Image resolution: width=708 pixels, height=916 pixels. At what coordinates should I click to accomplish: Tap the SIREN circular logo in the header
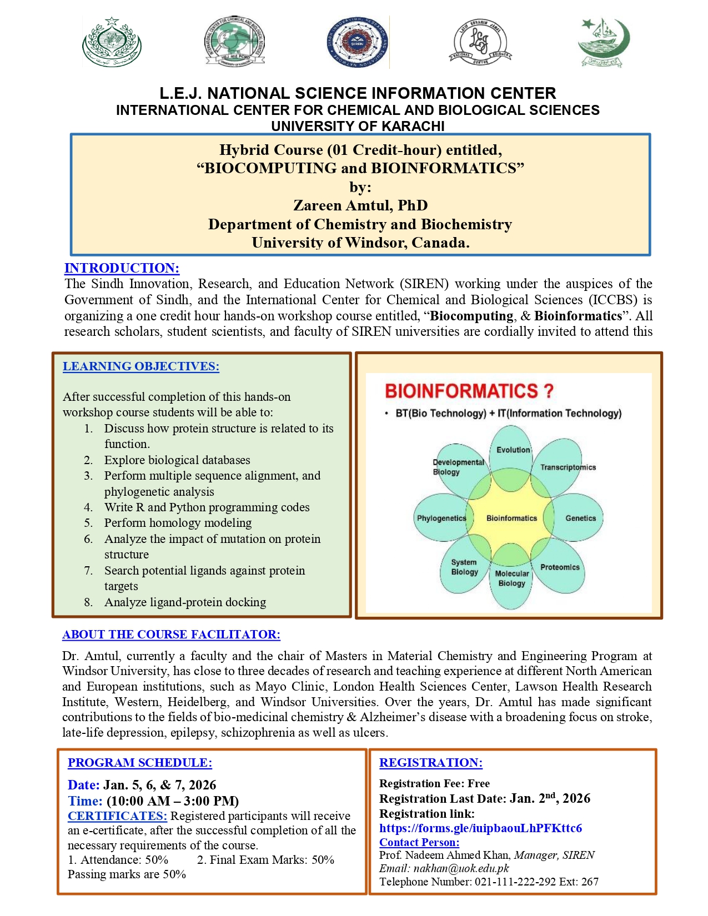tap(356, 42)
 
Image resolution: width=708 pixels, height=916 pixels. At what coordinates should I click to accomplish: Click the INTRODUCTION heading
tap(122, 268)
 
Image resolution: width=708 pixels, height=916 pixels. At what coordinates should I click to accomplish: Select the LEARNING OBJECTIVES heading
tap(140, 366)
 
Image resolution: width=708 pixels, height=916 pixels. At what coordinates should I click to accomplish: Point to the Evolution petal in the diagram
tap(513, 450)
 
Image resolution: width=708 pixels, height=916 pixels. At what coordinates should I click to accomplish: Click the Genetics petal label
tap(580, 518)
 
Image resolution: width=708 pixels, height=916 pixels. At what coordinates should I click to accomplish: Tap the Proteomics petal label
tap(560, 567)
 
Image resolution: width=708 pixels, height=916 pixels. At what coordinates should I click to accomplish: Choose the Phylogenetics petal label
tap(441, 518)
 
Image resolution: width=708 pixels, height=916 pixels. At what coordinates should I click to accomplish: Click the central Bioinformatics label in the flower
tap(511, 518)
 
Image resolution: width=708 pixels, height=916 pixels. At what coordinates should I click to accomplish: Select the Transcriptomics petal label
tap(568, 467)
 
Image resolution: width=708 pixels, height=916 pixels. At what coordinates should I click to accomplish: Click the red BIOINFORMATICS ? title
tap(469, 391)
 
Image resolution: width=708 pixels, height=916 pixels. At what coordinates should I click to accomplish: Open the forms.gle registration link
tap(480, 828)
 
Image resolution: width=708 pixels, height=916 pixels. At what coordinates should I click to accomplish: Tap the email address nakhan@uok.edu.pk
tap(461, 868)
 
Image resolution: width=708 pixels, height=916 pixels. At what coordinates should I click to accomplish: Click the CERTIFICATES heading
tap(117, 816)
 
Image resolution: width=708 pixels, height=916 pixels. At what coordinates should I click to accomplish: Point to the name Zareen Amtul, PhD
tap(360, 205)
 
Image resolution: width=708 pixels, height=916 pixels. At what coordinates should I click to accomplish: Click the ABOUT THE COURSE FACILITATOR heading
tap(171, 635)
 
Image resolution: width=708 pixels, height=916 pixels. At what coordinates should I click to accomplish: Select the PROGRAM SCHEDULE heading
tap(139, 763)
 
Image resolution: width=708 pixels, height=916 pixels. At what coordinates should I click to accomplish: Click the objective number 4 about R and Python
tap(207, 507)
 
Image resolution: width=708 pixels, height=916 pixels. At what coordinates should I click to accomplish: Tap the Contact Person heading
tap(419, 842)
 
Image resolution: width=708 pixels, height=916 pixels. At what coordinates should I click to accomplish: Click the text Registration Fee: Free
tap(434, 783)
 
